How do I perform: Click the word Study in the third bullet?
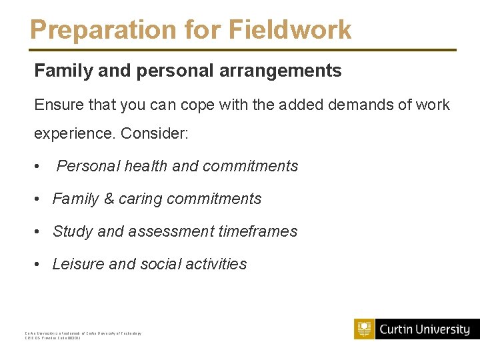tap(73, 231)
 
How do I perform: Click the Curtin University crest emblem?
tap(364, 329)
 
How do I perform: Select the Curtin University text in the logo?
tap(425, 329)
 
